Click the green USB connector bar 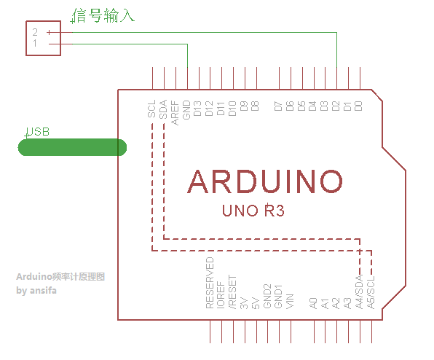72,147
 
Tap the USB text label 38,132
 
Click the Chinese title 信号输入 103,15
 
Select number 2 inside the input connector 35,32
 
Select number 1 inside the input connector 35,43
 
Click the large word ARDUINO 265,181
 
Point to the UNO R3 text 253,211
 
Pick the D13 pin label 197,109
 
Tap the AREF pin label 175,113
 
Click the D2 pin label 336,106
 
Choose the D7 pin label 278,106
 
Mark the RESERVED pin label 210,283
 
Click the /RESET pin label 232,292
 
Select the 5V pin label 255,303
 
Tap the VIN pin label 290,301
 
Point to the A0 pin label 313,303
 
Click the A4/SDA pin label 359,291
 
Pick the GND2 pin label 267,296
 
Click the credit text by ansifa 36,291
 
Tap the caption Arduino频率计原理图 60,277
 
